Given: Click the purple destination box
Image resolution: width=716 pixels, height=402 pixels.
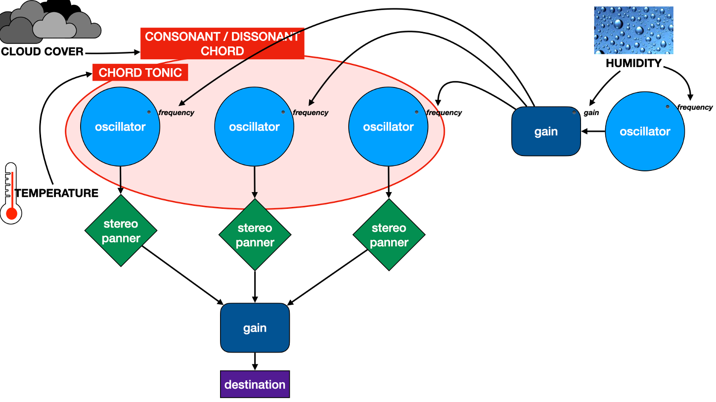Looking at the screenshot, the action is [255, 384].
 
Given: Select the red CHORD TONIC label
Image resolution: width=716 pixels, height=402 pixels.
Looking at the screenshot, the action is [140, 73].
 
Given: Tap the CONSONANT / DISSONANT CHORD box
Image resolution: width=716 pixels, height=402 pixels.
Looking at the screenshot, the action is [222, 43].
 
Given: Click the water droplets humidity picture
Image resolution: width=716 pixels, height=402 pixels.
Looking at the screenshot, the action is [633, 30].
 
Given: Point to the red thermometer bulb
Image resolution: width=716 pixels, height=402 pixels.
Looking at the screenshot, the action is [12, 214].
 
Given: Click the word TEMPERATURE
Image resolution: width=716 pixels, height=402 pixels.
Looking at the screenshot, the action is [56, 193].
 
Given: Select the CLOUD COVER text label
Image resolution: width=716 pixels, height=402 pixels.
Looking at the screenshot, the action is [42, 51].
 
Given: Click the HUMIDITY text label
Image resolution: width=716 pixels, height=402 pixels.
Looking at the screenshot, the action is [633, 63].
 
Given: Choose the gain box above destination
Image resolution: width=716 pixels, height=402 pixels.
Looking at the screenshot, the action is [255, 327].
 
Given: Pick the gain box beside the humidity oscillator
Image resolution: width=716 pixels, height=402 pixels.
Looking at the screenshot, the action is [546, 131].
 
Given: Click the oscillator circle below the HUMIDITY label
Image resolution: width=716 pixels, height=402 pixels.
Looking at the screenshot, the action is [645, 131].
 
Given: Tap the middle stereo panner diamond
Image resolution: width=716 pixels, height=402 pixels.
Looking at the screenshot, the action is [255, 235].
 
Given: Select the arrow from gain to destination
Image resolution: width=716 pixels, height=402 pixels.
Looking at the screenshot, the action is [255, 362].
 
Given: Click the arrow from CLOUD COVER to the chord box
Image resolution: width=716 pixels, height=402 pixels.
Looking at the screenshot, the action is [113, 53].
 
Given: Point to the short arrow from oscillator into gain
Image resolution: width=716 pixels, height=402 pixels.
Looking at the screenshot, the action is [593, 131].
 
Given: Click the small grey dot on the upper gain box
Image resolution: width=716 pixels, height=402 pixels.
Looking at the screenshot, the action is [574, 113].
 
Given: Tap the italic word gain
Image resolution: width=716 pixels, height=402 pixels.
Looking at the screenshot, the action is [591, 113].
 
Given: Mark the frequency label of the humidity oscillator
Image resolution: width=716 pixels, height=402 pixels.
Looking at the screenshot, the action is [695, 107].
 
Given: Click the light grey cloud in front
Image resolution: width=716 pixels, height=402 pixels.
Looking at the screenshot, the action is [54, 26].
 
